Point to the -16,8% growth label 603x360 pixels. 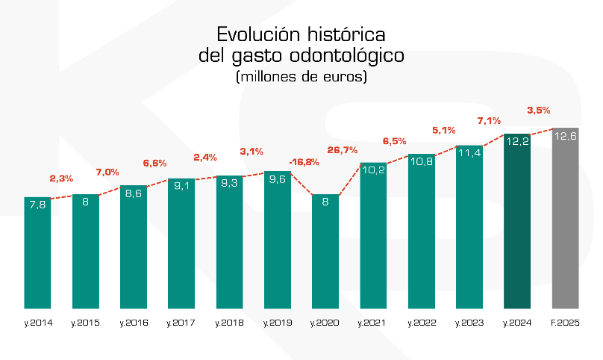coord(304,161)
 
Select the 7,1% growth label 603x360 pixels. coord(489,120)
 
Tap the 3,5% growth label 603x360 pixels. coord(538,110)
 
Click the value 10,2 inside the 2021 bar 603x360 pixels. coord(373,170)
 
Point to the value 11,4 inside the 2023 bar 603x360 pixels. coord(469,152)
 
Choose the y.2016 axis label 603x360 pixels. coord(134,323)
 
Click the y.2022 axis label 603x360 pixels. coord(421,323)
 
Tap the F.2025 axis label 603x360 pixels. coord(565,323)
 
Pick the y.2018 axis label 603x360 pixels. coord(229,323)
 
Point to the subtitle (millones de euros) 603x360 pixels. coord(301,76)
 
